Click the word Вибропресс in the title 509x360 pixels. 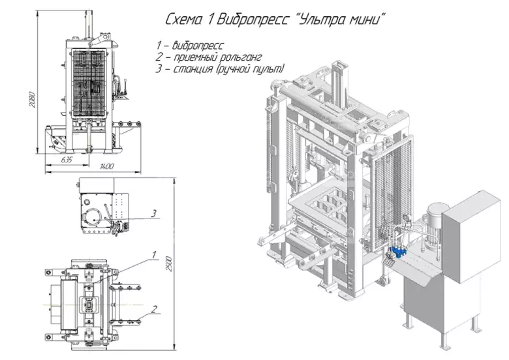point(253,20)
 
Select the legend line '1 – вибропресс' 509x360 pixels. point(190,45)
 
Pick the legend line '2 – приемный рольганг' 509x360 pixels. point(208,57)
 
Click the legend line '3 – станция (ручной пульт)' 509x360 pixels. point(220,69)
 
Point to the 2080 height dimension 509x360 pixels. point(31,100)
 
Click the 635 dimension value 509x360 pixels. point(66,160)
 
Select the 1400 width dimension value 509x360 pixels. point(107,166)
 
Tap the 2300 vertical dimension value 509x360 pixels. point(168,263)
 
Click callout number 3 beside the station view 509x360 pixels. point(153,213)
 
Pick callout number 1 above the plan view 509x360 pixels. point(154,255)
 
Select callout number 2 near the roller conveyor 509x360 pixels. point(154,309)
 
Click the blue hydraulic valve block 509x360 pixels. point(397,252)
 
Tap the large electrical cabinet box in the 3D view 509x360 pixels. point(470,237)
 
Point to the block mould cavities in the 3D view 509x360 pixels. point(330,206)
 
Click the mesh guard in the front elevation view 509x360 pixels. point(89,83)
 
